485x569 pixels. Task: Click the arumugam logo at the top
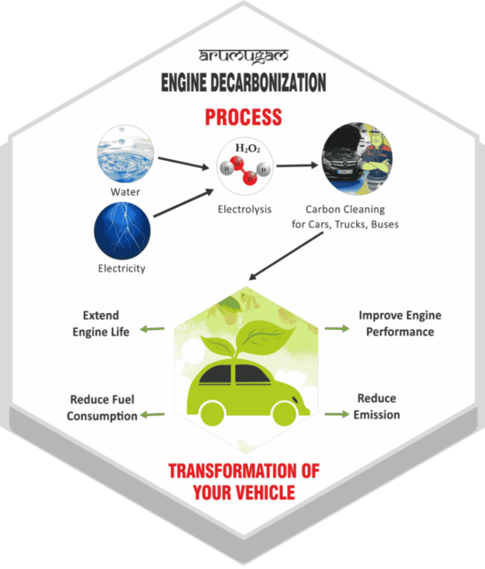click(244, 56)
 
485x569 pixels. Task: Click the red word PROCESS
click(243, 117)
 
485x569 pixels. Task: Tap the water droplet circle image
click(125, 154)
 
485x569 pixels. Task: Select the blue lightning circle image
click(122, 231)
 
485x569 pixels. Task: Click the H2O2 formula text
click(247, 149)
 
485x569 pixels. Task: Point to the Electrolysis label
click(244, 209)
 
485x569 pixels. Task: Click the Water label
click(125, 192)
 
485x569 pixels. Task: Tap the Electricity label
click(121, 268)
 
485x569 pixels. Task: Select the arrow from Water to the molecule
click(184, 163)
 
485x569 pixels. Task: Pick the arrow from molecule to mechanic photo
click(297, 166)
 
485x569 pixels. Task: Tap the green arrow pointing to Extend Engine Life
click(153, 329)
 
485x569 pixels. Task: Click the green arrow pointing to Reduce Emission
click(337, 414)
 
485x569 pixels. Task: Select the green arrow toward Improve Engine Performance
click(337, 328)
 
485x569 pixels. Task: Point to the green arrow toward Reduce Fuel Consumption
click(153, 415)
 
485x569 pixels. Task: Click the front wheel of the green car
click(284, 413)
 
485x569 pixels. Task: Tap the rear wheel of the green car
click(213, 414)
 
